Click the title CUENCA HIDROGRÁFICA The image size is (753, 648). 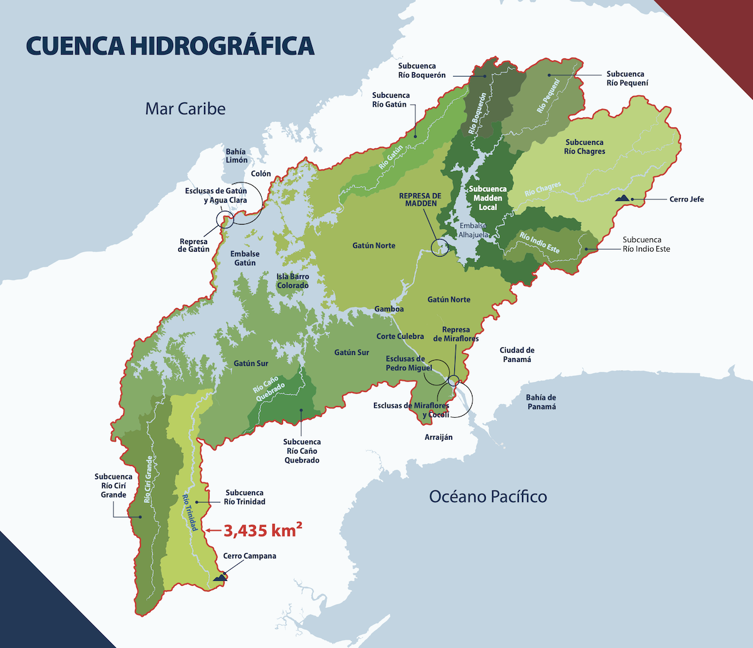(169, 46)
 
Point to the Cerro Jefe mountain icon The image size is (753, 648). (623, 198)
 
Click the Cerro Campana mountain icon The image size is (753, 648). (220, 576)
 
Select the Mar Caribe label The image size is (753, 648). (185, 109)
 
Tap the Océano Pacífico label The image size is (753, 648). (488, 497)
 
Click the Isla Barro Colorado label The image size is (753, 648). (292, 281)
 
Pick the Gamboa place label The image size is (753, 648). (389, 309)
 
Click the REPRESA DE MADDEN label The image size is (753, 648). (420, 200)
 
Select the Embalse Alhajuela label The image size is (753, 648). (478, 230)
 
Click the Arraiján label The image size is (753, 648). (438, 437)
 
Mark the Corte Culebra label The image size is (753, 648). (400, 336)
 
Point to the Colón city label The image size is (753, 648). (260, 174)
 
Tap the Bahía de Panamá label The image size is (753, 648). (541, 402)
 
